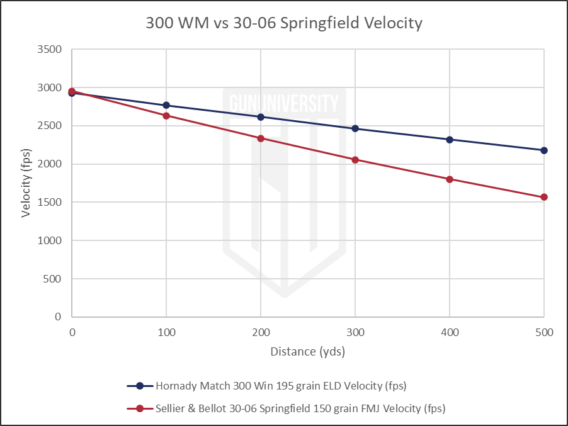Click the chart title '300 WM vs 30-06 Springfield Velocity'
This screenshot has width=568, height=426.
pos(283,24)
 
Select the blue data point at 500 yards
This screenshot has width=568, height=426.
pos(544,150)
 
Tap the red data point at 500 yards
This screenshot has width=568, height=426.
pos(544,197)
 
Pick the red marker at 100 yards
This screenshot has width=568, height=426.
pos(166,116)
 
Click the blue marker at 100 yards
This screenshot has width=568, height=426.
pos(166,105)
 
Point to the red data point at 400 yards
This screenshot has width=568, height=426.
pos(450,179)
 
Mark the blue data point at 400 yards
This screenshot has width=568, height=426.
pos(450,140)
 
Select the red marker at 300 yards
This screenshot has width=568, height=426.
pos(355,160)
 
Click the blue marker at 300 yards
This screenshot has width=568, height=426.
pos(355,128)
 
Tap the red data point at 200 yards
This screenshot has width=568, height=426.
pos(261,138)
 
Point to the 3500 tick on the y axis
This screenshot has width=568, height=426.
pos(50,49)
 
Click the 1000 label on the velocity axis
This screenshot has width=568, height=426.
pos(50,240)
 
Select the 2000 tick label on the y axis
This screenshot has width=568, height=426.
pos(50,164)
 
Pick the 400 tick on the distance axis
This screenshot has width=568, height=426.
pos(450,331)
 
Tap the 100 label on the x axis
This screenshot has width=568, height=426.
pos(166,331)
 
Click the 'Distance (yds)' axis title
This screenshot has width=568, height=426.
pos(307,351)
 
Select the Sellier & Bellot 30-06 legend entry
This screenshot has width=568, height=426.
pos(290,408)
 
